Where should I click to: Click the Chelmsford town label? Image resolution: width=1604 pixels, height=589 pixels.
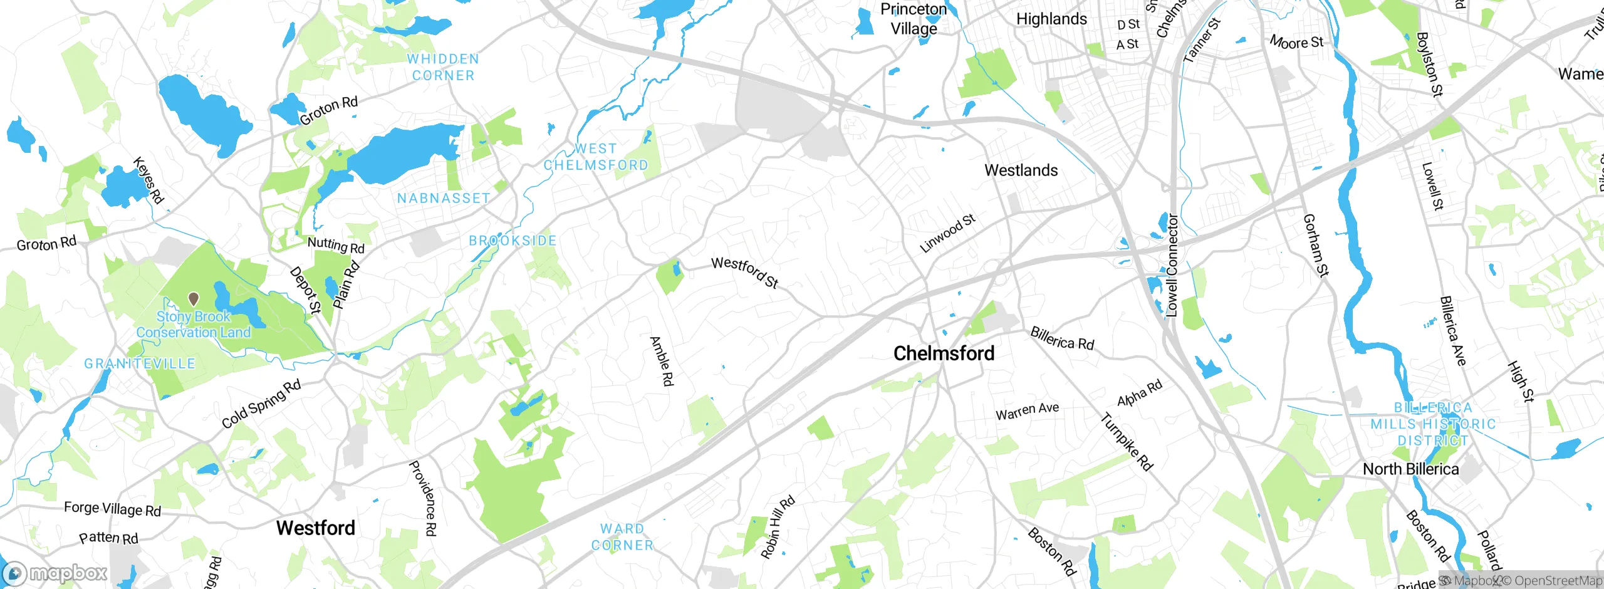(x=944, y=353)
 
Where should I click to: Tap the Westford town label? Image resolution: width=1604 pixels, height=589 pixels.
(x=316, y=528)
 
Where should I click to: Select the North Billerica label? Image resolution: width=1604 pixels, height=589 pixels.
(x=1410, y=469)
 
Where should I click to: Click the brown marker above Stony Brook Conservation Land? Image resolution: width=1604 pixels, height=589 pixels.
(x=194, y=299)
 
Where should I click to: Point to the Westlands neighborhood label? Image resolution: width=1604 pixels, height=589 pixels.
(x=1021, y=170)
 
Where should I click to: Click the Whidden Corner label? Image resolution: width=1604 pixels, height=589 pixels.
(x=443, y=67)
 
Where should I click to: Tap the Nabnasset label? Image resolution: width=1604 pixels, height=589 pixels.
(x=444, y=199)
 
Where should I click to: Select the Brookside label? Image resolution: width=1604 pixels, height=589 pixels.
(x=513, y=241)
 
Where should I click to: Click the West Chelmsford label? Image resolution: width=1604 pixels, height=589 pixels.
(x=595, y=157)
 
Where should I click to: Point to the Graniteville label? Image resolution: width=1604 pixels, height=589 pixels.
(x=140, y=364)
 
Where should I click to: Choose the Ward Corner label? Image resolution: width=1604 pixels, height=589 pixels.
(x=622, y=537)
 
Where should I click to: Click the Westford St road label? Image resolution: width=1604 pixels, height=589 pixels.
(x=745, y=273)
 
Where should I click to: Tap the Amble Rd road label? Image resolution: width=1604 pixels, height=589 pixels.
(x=662, y=361)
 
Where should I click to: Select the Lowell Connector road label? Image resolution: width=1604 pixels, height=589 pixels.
(x=1172, y=266)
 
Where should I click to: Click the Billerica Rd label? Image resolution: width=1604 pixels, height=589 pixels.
(x=1062, y=339)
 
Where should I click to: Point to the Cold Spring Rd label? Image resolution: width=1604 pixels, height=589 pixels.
(x=261, y=404)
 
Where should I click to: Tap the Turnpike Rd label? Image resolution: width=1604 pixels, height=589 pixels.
(x=1127, y=442)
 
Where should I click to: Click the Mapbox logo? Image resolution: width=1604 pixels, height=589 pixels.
(x=55, y=573)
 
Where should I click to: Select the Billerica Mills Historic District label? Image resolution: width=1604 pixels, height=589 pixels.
(x=1433, y=424)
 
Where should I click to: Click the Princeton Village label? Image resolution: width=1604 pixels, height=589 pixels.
(x=914, y=19)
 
